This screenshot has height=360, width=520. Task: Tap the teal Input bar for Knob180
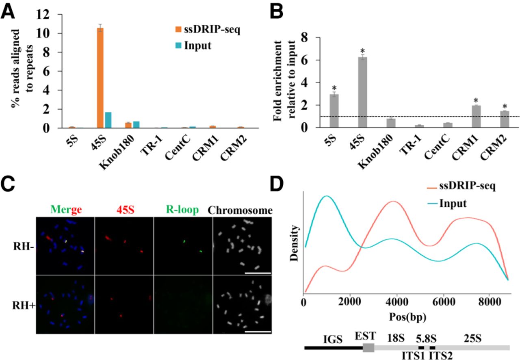coord(136,125)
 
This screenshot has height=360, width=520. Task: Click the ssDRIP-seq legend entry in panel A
coord(209,30)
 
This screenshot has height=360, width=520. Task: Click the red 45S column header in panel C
coord(124,210)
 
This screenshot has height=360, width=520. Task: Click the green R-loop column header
coord(183,210)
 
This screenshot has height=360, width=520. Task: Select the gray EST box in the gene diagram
coord(368,348)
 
